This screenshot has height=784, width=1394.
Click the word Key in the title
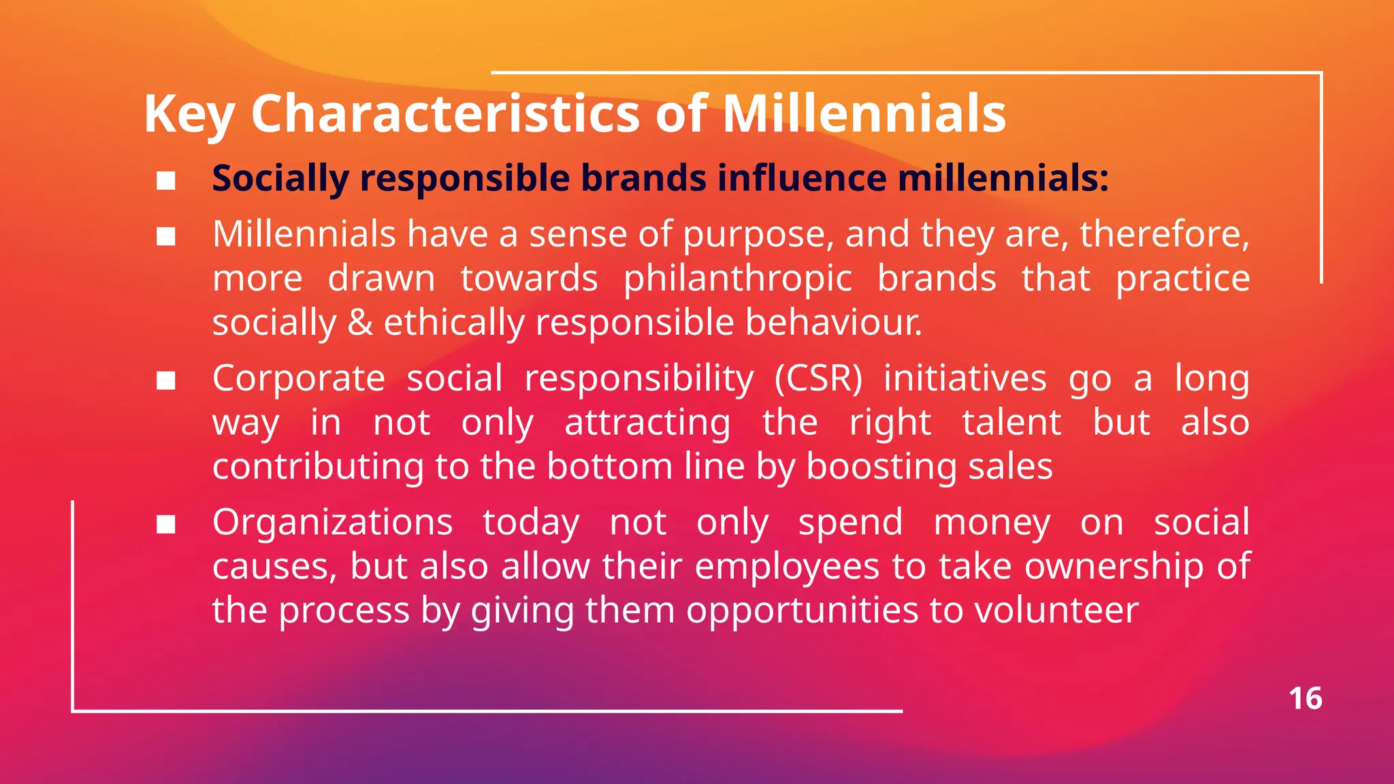189,114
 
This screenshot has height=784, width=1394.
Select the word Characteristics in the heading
445,113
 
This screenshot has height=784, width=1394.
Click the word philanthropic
737,279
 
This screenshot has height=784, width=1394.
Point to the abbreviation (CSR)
818,378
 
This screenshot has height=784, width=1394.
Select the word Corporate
298,378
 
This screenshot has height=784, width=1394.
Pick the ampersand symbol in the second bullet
360,323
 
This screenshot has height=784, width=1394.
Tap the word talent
1011,423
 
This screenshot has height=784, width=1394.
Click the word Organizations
332,523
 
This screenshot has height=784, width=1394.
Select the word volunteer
1056,610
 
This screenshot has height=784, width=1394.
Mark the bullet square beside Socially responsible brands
166,181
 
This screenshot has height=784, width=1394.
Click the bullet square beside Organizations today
166,525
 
